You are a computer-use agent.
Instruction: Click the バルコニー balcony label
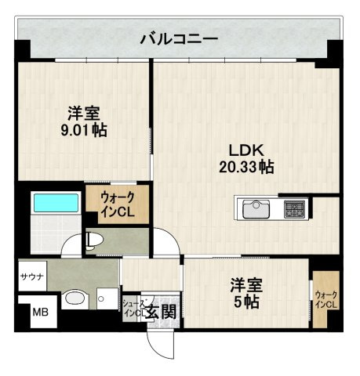coord(178,38)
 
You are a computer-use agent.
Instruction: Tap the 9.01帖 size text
coord(84,130)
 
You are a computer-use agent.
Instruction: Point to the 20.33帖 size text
coord(245,166)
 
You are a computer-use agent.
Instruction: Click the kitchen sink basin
coord(256,209)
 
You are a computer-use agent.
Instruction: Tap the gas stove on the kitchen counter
coord(294,209)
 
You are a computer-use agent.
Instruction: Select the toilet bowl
coord(93,239)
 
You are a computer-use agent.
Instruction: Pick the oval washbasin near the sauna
coord(76,297)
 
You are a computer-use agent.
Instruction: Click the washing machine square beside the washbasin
coord(104,295)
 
